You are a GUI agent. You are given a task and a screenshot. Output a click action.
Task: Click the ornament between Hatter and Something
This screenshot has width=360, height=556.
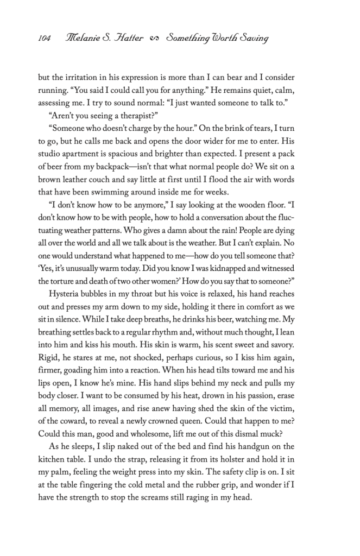tap(154, 39)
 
